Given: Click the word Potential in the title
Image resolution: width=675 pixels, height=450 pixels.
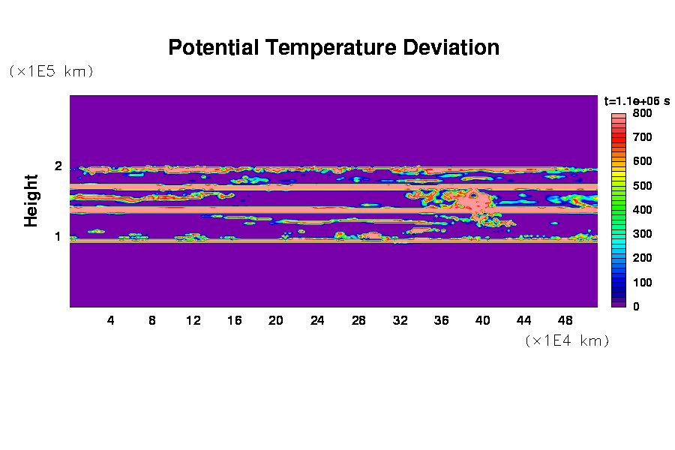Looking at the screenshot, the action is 214,47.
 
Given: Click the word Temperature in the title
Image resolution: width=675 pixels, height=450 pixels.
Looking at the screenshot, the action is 331,48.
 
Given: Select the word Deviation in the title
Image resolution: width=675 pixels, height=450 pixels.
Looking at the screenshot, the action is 451,47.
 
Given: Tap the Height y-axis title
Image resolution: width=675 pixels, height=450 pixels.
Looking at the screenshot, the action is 31,201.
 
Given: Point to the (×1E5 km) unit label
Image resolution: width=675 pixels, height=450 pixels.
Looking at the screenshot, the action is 51,71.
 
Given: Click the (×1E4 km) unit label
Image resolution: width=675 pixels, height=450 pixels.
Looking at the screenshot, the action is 568,340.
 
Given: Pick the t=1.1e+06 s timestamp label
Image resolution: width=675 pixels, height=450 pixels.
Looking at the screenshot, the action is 637,101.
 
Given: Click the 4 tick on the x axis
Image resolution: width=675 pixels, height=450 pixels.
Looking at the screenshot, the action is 111,320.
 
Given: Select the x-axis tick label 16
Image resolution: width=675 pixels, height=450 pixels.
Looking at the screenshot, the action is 235,320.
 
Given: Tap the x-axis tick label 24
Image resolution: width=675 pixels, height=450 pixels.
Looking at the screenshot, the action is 317,320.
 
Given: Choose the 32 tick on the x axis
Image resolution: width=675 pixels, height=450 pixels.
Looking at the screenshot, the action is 400,320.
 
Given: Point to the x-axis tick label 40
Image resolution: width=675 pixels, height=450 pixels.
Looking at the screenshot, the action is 482,320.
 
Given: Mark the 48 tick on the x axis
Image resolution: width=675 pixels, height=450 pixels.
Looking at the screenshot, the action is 565,320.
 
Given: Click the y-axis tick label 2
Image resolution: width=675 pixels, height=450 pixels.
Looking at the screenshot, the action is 58,166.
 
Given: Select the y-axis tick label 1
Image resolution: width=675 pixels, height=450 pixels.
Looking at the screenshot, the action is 58,237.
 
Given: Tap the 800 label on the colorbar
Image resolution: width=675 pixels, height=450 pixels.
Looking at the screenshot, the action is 642,113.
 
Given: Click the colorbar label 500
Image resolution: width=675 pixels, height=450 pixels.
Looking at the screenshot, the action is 642,185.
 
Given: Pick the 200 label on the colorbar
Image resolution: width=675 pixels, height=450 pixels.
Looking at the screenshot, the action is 642,258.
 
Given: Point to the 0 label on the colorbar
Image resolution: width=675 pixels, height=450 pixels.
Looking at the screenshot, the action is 636,307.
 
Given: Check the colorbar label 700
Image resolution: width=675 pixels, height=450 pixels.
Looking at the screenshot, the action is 642,137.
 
